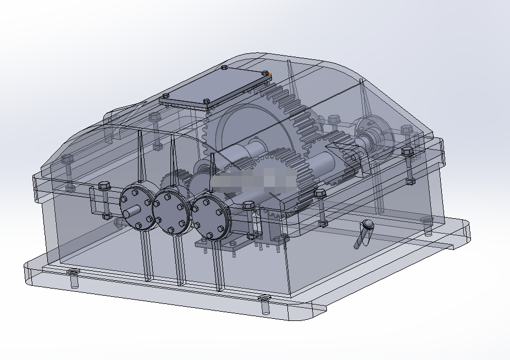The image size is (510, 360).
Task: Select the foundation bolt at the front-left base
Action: [x=73, y=273]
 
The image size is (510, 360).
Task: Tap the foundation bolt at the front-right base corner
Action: [x=264, y=299]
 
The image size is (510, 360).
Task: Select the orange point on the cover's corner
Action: [x=270, y=73]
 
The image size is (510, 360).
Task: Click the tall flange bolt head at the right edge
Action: [x=407, y=151]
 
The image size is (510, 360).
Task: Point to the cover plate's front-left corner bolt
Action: [x=165, y=96]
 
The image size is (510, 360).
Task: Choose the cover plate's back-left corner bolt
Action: [x=225, y=68]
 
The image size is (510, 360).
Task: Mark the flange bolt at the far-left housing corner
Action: [x=67, y=159]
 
